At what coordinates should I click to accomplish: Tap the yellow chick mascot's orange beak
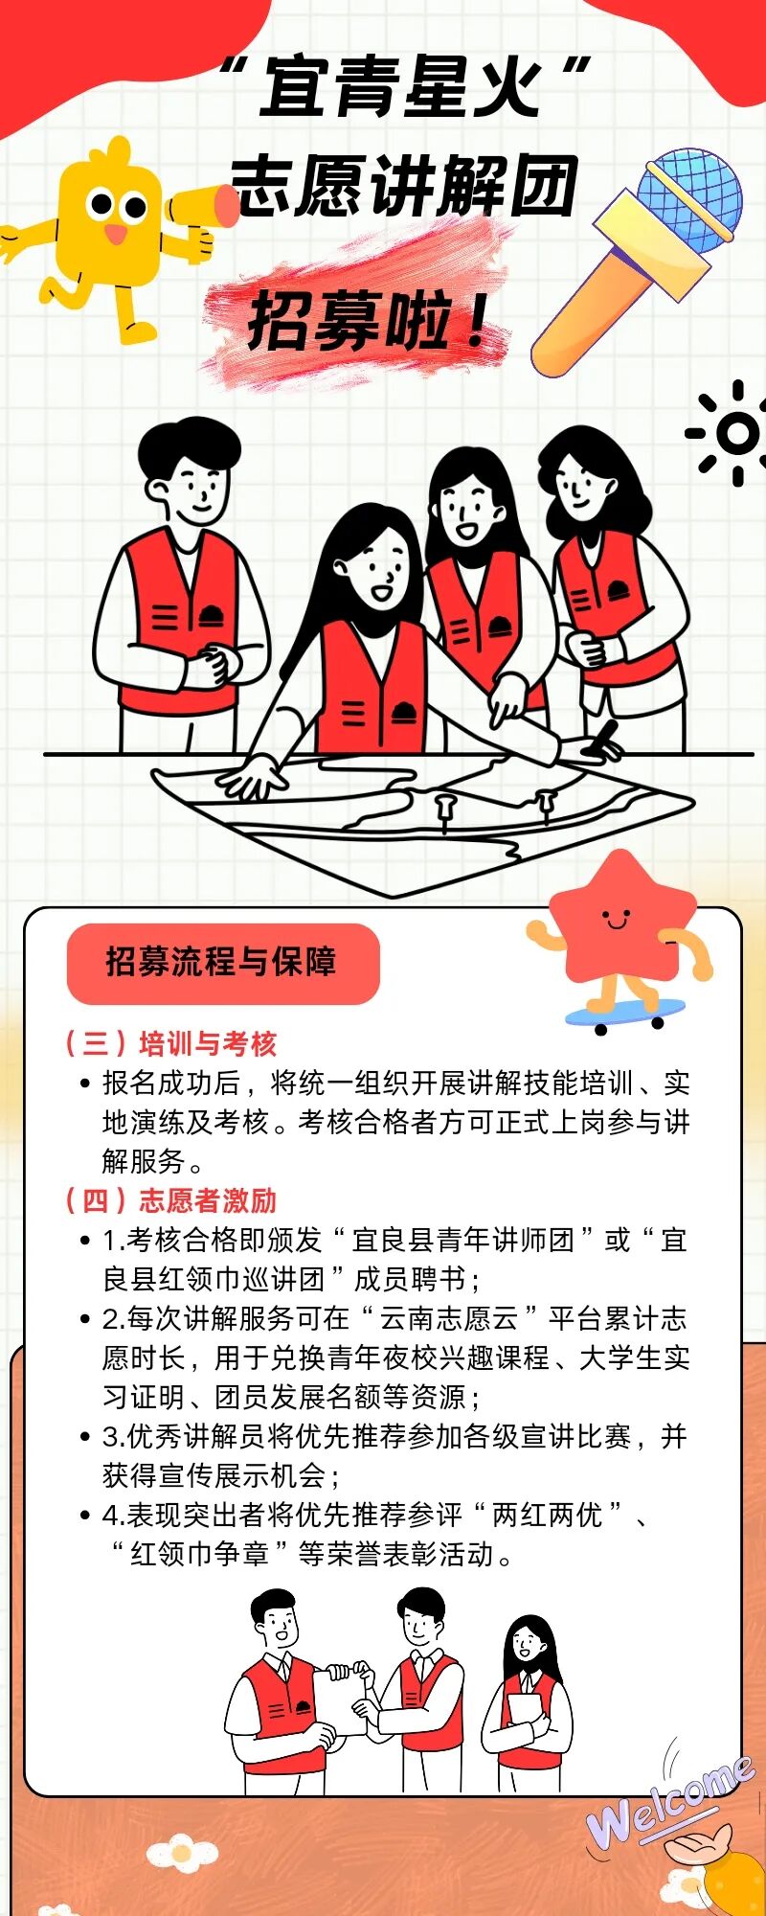click(115, 234)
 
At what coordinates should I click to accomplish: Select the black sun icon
click(735, 433)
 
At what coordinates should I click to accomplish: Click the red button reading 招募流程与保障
click(222, 963)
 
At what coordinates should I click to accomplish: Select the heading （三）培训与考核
click(170, 1043)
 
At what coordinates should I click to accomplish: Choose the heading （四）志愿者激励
click(170, 1200)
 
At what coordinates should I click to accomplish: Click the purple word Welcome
click(670, 1801)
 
